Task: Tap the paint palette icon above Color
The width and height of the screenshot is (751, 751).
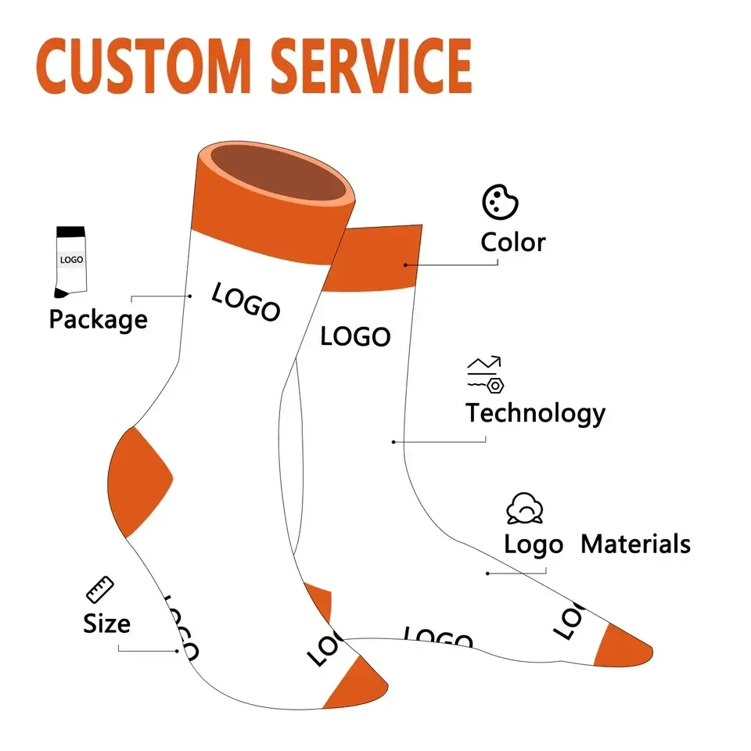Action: pos(500,203)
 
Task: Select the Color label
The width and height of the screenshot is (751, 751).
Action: pos(512,243)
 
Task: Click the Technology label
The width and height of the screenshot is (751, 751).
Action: pos(535,413)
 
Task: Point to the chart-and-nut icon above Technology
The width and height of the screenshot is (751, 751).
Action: pos(485,374)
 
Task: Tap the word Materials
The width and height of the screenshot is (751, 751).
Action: pos(635,544)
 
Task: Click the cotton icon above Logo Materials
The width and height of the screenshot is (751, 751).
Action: pos(525,508)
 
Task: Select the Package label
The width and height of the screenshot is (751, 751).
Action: pos(98,319)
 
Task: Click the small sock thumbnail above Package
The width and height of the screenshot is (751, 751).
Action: pos(70,261)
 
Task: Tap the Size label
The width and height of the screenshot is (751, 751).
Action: pos(106,623)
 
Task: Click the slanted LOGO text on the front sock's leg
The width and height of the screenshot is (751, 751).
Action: pos(246,303)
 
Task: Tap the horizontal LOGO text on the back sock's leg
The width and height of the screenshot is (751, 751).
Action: pos(355,336)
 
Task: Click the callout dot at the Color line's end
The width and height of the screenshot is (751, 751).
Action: pos(406,264)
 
